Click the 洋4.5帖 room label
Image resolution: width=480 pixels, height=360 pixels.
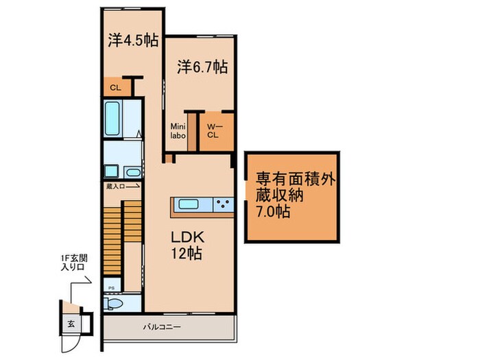click(x=132, y=39)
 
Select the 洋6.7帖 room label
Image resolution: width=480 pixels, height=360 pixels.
click(x=202, y=68)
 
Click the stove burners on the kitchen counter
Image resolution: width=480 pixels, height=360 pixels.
click(x=224, y=203)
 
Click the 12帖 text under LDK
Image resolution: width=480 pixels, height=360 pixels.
click(x=186, y=253)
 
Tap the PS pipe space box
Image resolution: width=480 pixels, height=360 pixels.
click(x=110, y=287)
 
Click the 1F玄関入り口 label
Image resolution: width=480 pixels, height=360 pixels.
click(x=72, y=263)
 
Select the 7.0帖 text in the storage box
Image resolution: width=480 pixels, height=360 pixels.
click(x=273, y=211)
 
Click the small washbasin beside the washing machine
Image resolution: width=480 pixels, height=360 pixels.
click(x=134, y=171)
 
